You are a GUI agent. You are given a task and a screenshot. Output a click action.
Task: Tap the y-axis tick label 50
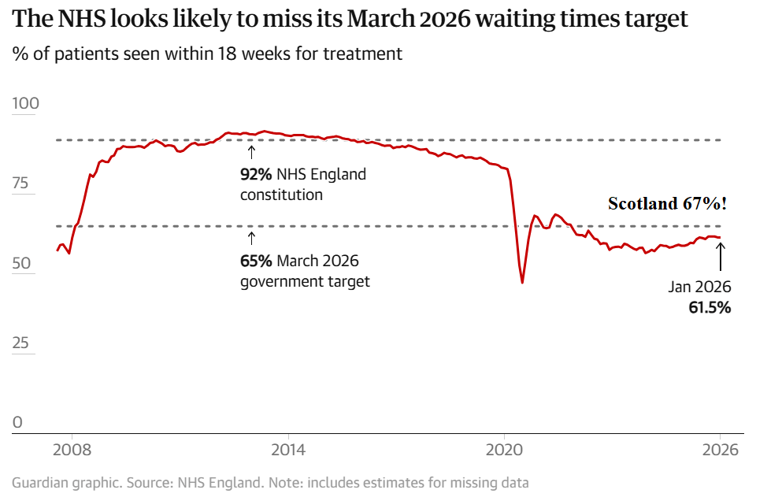point(22,263)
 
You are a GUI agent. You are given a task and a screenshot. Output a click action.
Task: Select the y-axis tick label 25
point(22,343)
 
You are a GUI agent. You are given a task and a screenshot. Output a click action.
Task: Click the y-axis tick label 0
point(17,422)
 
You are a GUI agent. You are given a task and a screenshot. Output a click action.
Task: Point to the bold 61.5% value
point(710,308)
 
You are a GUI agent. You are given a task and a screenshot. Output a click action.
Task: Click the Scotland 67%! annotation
point(667,204)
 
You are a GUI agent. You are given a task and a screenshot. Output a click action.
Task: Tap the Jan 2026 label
point(700,287)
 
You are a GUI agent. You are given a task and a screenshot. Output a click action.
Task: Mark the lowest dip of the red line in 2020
point(522,282)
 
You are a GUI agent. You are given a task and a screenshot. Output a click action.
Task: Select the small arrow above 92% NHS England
point(251,152)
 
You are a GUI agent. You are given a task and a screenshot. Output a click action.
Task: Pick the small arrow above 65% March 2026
point(251,238)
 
